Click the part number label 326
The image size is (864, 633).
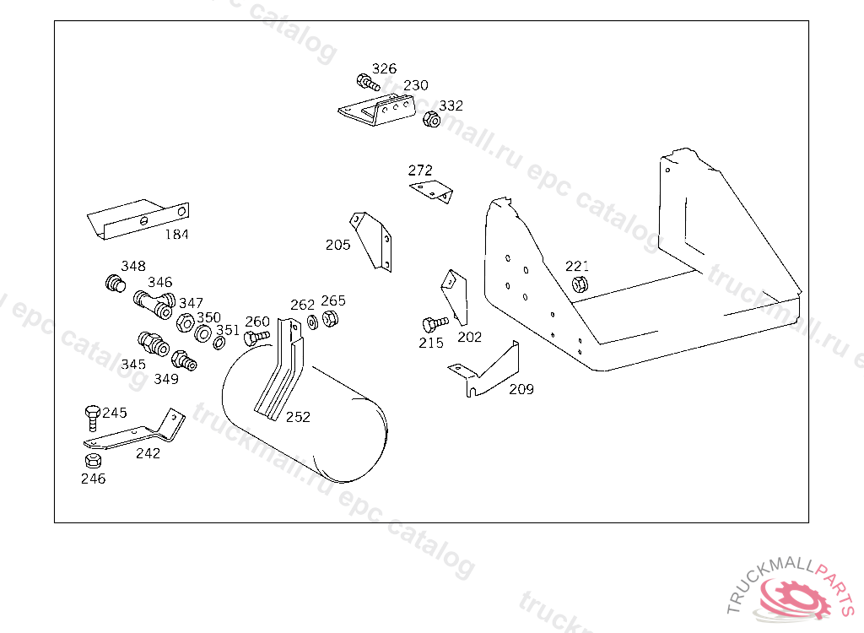[x=384, y=68]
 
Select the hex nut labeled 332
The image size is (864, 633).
[x=430, y=120]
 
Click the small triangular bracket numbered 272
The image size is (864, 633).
[x=433, y=192]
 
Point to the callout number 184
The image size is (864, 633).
[x=176, y=235]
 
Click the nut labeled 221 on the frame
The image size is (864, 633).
[x=579, y=284]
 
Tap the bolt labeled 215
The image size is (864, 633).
[x=434, y=323]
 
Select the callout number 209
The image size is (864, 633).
[x=521, y=389]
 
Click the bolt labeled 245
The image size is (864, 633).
[x=92, y=416]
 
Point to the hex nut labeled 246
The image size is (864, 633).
[x=94, y=461]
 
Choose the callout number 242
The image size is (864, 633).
[x=148, y=453]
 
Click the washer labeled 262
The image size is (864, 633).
[x=313, y=322]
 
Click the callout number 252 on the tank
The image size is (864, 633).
[x=298, y=417]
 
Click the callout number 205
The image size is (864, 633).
[x=337, y=245]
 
